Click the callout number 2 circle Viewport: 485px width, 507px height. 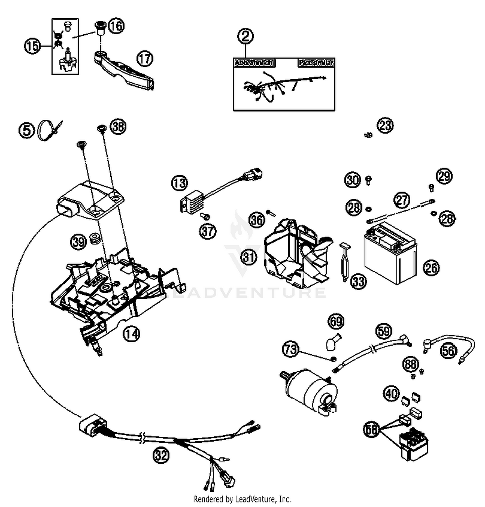pyautogui.click(x=245, y=36)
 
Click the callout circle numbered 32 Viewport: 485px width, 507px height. pyautogui.click(x=161, y=455)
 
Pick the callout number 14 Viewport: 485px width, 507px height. pyautogui.click(x=131, y=334)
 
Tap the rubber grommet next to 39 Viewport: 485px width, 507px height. pyautogui.click(x=95, y=238)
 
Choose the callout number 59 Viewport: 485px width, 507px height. pyautogui.click(x=384, y=331)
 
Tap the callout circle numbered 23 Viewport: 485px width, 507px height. pyautogui.click(x=385, y=125)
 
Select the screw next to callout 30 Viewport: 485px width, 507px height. pyautogui.click(x=368, y=180)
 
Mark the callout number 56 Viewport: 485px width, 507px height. pyautogui.click(x=448, y=350)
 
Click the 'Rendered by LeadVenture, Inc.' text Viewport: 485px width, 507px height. pyautogui.click(x=242, y=499)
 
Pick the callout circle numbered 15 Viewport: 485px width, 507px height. pyautogui.click(x=32, y=46)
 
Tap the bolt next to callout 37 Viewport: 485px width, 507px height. pyautogui.click(x=205, y=216)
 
